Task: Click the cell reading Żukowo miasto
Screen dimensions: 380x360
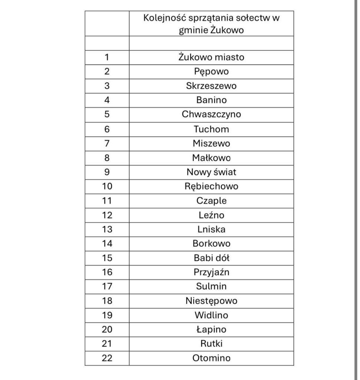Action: click(211, 58)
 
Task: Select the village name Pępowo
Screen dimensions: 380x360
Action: click(211, 72)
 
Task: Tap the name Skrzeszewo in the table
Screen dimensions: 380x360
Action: click(211, 86)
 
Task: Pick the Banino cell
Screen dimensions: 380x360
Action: click(211, 100)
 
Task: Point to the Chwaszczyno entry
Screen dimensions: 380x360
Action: click(211, 115)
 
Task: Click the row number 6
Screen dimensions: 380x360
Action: click(107, 129)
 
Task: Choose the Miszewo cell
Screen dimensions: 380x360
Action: click(211, 143)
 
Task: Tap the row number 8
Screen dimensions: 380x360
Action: click(107, 158)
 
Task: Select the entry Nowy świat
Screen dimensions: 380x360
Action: click(211, 172)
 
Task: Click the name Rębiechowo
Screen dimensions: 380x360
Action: click(211, 186)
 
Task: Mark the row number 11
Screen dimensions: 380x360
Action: click(107, 201)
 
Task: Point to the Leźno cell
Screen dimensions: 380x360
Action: click(211, 215)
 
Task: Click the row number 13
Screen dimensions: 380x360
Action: click(107, 229)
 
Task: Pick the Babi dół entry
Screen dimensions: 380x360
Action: click(211, 258)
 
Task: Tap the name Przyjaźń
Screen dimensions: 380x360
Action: click(211, 272)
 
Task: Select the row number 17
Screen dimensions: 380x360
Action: click(107, 286)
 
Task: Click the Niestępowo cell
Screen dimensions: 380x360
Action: click(211, 301)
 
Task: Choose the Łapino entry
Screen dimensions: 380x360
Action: click(211, 330)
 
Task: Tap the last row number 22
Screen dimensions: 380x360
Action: click(107, 358)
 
